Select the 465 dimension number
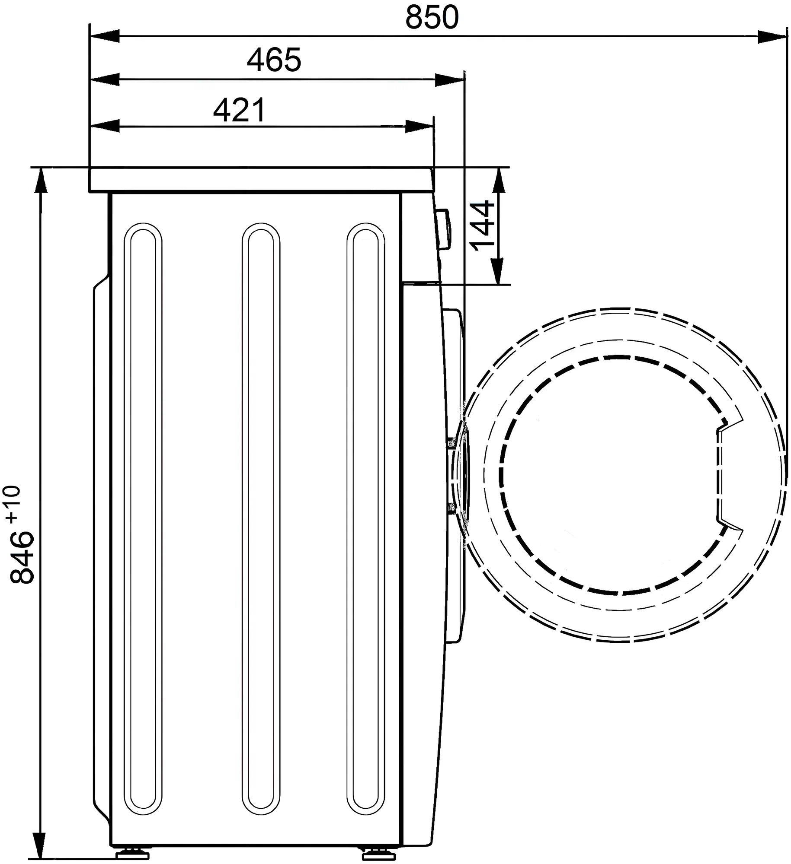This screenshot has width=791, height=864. coord(274,60)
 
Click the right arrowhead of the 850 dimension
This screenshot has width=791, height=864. coord(771,37)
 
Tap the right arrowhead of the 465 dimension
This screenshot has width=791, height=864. coord(449,80)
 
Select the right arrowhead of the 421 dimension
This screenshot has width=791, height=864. coord(419,127)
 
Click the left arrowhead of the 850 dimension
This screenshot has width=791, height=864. coord(104,37)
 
